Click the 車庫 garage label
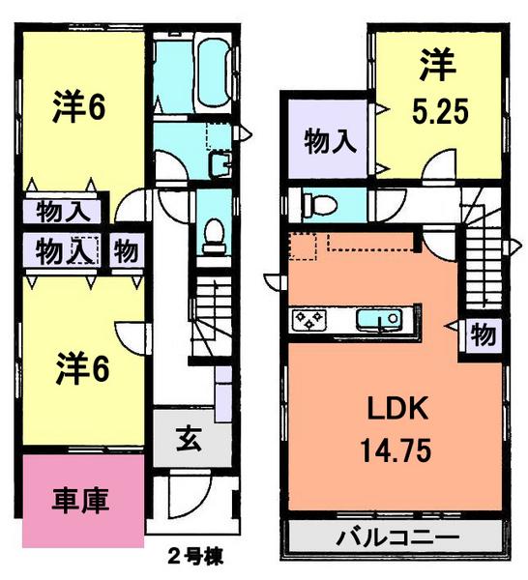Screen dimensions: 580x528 (79, 501)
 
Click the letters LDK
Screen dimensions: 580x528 (396, 411)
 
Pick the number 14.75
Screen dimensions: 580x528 (396, 449)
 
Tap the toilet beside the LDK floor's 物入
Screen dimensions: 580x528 (318, 204)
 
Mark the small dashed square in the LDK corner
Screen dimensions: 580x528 (303, 247)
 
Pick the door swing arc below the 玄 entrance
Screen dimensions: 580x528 (184, 494)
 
